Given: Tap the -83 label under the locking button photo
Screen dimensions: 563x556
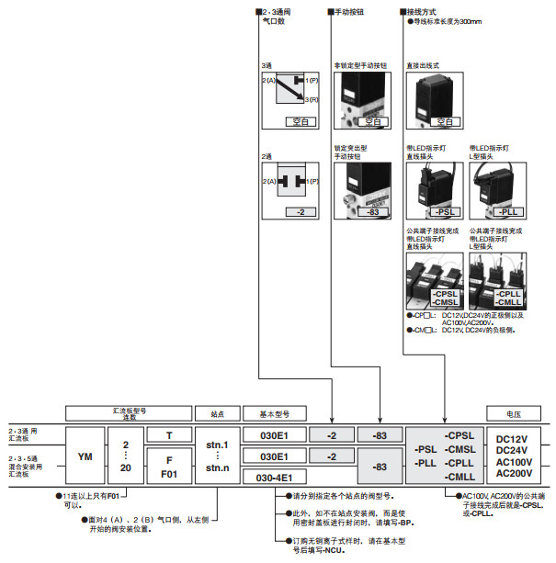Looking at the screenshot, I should click(x=373, y=212).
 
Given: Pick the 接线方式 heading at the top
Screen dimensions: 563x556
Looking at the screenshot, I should click(x=426, y=11).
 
